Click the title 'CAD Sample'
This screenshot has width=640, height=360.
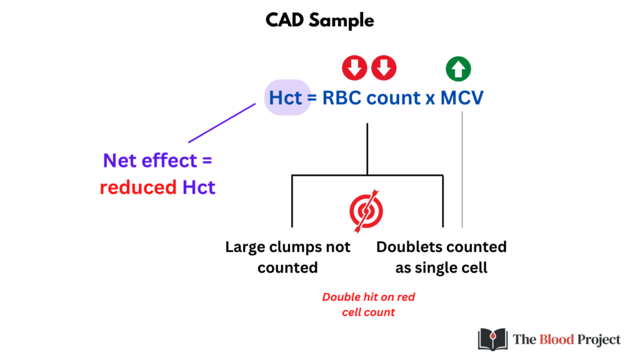pos(319,21)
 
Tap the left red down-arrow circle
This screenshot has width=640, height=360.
pos(354,67)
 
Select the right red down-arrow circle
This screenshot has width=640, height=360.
pos(384,67)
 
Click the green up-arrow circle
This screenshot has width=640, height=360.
pos(458,69)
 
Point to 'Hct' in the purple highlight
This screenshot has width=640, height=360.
pos(286,98)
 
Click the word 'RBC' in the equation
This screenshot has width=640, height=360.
pos(342,98)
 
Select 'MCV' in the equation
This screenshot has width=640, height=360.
pos(462,98)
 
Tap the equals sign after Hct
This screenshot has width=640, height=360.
pos(312,98)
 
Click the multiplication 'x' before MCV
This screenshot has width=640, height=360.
pos(430,99)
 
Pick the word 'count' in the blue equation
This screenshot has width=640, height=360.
pos(394,98)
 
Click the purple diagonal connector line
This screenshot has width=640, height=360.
pos(222,123)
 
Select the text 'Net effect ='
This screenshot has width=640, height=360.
pos(157,161)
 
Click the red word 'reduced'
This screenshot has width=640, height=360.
pos(138,187)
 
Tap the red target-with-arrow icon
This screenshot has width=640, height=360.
pos(366,211)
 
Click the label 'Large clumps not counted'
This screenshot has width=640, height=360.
pos(287,257)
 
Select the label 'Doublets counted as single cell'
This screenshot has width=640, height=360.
pos(441,257)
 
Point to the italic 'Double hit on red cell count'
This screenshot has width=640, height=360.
pos(369,304)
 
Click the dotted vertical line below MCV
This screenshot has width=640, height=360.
pos(462,169)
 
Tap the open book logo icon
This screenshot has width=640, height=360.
pos(492,339)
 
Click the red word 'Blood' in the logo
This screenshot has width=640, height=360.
pos(557,339)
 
